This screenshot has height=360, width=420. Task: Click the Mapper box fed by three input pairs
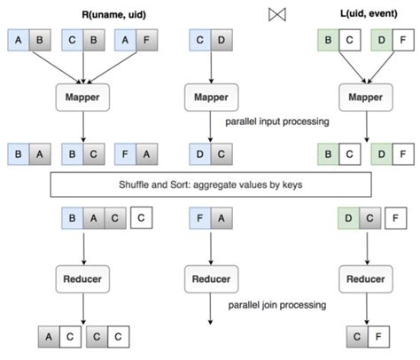(x=81, y=96)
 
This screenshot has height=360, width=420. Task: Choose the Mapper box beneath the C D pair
(x=210, y=96)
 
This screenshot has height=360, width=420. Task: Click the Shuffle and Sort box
(x=210, y=184)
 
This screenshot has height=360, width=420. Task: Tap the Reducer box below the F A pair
(x=210, y=278)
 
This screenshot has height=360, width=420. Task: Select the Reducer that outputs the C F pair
(x=364, y=278)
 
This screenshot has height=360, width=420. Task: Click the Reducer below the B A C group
(x=81, y=278)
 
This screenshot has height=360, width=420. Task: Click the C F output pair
(x=364, y=337)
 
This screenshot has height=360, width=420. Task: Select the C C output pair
(x=108, y=337)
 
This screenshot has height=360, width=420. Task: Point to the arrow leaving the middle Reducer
(x=210, y=310)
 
